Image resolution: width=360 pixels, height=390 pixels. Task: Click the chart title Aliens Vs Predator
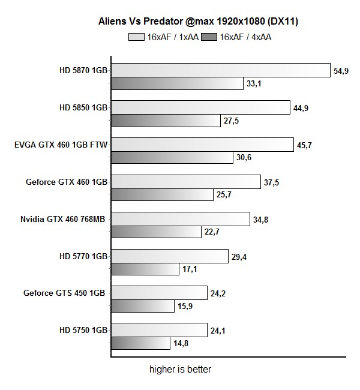[198, 22]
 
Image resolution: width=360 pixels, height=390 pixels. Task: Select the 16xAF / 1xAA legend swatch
[136, 37]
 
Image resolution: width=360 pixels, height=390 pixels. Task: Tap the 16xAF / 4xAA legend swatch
[209, 37]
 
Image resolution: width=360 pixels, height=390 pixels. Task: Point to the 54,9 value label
[340, 71]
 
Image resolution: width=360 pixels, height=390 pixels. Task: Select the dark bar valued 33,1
[177, 83]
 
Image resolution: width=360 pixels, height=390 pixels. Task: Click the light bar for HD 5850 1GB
[201, 107]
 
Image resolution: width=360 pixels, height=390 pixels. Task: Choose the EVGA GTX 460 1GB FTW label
[61, 145]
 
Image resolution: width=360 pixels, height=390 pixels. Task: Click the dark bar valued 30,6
[172, 158]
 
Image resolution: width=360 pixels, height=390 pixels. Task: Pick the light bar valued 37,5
[186, 182]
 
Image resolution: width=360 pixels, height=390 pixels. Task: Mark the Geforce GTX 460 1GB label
[66, 182]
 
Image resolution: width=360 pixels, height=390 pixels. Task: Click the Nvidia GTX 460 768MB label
[64, 219]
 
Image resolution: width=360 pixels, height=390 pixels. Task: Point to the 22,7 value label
[212, 232]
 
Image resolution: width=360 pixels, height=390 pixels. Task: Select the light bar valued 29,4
[169, 256]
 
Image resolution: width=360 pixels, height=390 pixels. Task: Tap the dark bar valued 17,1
[145, 269]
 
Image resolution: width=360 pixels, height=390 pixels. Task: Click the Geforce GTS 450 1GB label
[65, 293]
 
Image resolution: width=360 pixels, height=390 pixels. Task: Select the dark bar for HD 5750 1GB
[140, 344]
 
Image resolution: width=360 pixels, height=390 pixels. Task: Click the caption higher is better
[180, 370]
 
